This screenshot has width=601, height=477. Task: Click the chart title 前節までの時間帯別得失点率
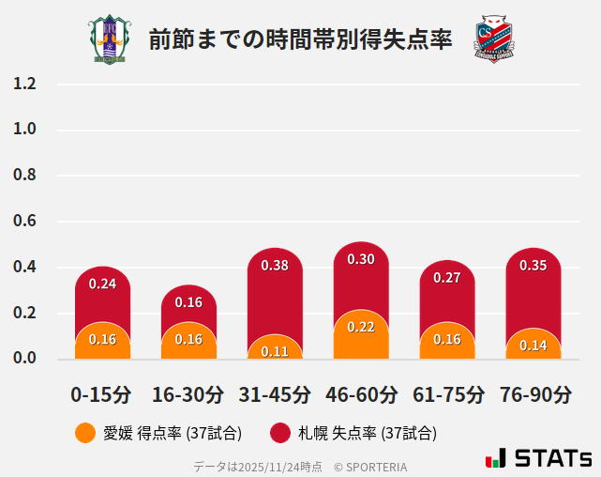click(x=300, y=39)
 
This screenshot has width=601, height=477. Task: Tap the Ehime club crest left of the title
click(x=110, y=39)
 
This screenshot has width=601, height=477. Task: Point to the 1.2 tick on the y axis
click(x=24, y=85)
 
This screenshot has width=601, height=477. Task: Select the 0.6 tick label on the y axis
click(x=24, y=222)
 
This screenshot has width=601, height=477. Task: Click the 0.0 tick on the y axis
click(x=24, y=358)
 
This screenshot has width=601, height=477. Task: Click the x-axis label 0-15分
click(x=101, y=394)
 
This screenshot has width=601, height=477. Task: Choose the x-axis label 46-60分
click(x=361, y=394)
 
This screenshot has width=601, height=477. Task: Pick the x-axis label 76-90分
click(x=533, y=394)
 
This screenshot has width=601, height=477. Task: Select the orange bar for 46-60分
click(x=361, y=335)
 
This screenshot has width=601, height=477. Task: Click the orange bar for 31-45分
click(x=275, y=347)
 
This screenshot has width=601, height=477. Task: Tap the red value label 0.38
click(x=275, y=266)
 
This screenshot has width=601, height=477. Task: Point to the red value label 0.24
click(x=102, y=284)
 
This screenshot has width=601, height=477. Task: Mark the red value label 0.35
click(x=533, y=266)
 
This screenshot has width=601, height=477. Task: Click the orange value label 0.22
click(x=361, y=327)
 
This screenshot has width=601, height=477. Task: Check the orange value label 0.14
click(x=533, y=346)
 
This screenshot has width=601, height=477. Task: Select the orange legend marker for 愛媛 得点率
click(x=85, y=433)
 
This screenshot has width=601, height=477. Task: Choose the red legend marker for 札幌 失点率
click(x=280, y=433)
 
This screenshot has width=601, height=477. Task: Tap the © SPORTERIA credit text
click(x=370, y=466)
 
